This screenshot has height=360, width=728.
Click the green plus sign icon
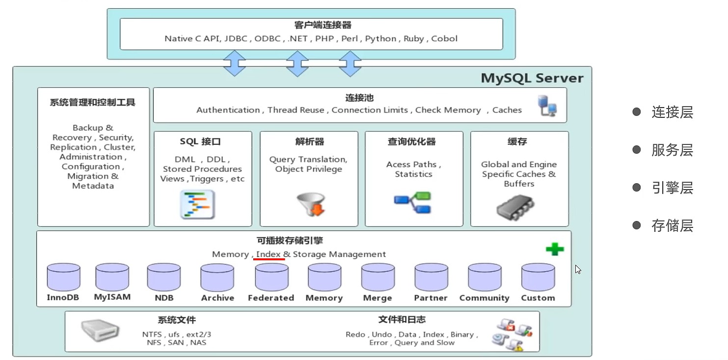click(x=555, y=249)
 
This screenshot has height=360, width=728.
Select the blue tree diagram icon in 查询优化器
click(x=412, y=203)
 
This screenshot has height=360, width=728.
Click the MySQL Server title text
click(x=532, y=78)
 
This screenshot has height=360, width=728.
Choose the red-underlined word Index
click(x=269, y=254)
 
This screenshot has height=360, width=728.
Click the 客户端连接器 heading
click(x=309, y=26)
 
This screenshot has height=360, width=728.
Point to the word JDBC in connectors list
click(x=237, y=39)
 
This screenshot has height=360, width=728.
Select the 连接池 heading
click(x=359, y=98)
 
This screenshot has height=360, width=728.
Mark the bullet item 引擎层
click(x=672, y=188)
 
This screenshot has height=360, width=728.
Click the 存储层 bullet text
click(x=672, y=225)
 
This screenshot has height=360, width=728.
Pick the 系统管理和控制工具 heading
click(x=93, y=103)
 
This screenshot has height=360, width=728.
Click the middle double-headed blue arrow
click(x=297, y=63)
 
